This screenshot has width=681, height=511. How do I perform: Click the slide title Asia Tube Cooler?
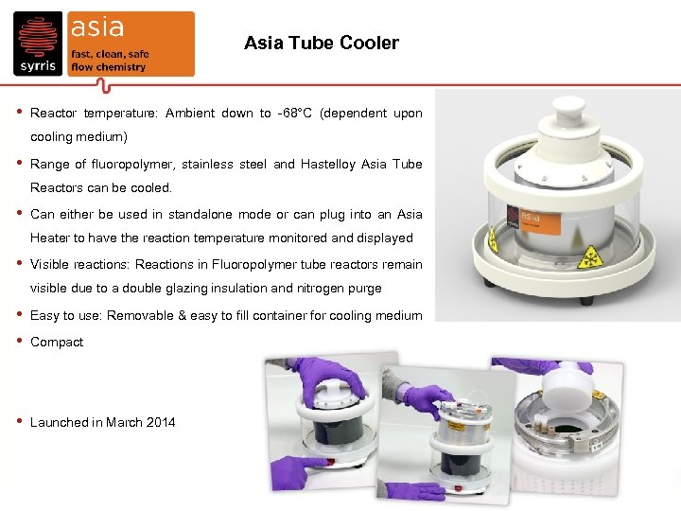pos(321,44)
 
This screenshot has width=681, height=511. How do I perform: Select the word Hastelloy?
pos(332,165)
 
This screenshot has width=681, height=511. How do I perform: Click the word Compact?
pos(57,343)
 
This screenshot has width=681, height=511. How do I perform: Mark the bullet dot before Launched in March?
pos(19,421)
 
